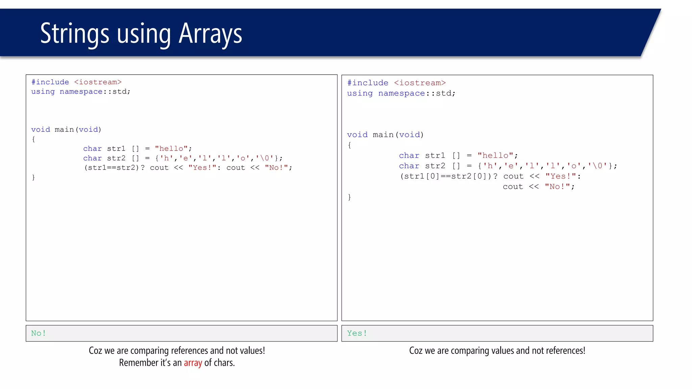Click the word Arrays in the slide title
pos(210,34)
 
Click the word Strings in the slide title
pos(75,34)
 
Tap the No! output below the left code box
pos(39,333)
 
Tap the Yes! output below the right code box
pos(357,333)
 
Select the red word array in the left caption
pos(193,363)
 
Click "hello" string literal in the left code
pos(171,149)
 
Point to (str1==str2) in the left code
pos(112,167)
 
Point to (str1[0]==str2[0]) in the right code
pos(446,176)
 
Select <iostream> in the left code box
pos(98,82)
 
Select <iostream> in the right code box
pos(420,83)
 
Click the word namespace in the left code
pos(81,92)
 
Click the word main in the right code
pos(383,135)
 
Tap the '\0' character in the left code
pos(265,158)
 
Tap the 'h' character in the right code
pos(490,166)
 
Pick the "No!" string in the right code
pos(557,187)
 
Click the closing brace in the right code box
pos(349,197)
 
